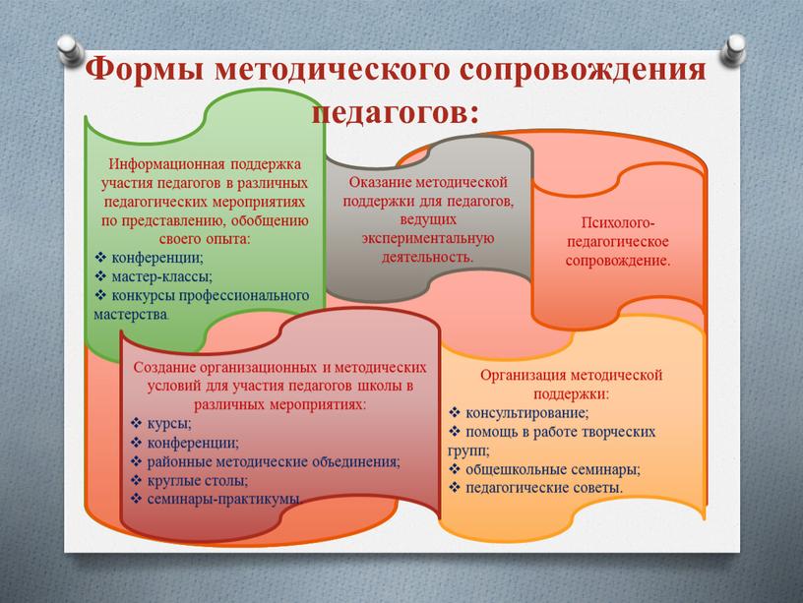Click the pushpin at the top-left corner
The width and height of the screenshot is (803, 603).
coord(71,50)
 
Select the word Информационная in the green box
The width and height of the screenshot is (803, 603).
coord(166,164)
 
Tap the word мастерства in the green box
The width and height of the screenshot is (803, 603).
coord(131,315)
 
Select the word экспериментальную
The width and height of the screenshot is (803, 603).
coord(428,238)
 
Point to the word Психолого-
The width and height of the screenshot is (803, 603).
coord(618,222)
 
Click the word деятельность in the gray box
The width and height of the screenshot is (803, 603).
coord(428,257)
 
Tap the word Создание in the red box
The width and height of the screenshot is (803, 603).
coord(164,368)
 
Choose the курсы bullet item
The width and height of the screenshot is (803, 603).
coord(161,424)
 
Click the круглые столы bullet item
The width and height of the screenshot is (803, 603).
coord(190,481)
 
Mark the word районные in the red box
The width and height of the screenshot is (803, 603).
coord(180,461)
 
